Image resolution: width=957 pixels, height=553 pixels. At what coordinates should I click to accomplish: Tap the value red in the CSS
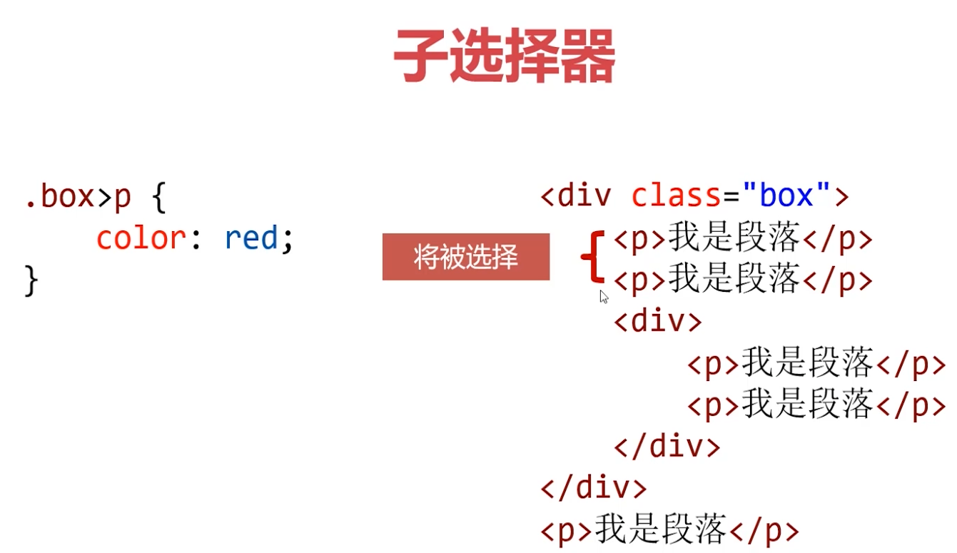click(x=250, y=238)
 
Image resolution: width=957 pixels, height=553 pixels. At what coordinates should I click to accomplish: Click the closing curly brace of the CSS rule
click(x=31, y=280)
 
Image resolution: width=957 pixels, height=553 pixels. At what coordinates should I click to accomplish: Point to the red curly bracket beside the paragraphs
click(x=592, y=257)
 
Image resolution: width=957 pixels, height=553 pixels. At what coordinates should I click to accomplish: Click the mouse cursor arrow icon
click(x=604, y=297)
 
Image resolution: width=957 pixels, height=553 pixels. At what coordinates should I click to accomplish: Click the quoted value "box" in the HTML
click(x=786, y=195)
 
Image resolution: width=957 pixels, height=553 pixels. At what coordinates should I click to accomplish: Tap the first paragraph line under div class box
click(x=743, y=240)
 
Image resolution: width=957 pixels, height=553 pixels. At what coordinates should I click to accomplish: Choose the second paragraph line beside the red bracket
click(x=743, y=281)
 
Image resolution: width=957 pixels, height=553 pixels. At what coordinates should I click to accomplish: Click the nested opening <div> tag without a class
click(x=657, y=322)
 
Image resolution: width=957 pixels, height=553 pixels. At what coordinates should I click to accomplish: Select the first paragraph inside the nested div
click(x=816, y=364)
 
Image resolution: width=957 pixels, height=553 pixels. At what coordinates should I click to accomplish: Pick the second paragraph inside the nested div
click(x=816, y=405)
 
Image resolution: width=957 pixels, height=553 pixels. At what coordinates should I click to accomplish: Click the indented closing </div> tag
click(x=667, y=447)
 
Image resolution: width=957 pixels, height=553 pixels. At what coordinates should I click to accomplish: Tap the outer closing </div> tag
click(x=594, y=488)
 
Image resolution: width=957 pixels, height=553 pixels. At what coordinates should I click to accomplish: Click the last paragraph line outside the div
click(x=669, y=530)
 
